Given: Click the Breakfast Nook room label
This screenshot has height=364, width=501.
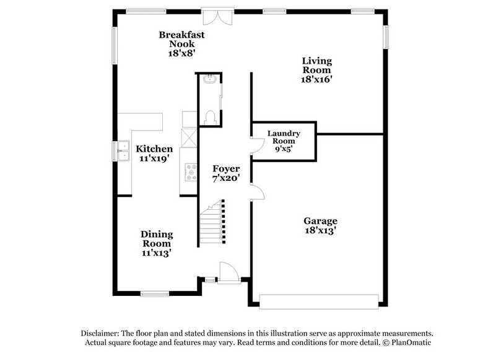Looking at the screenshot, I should point(181,39).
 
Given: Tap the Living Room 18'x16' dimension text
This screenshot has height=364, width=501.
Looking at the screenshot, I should point(317,79).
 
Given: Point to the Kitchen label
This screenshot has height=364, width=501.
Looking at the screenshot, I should point(154,149).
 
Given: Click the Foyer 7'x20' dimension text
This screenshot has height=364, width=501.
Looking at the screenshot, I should point(226,178).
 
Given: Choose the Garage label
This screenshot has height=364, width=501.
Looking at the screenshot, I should point(320,221).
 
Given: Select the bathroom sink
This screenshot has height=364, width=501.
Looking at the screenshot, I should point(209,79).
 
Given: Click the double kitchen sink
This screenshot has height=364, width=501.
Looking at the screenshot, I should point(123,150).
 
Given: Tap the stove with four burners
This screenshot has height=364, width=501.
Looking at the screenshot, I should point(190,172).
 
